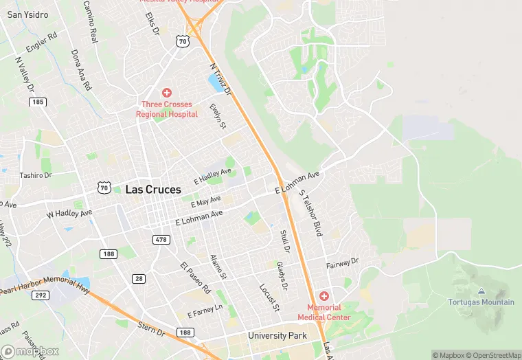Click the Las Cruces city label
pyautogui.click(x=153, y=189)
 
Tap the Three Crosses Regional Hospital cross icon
pyautogui.click(x=166, y=93)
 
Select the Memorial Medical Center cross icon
pyautogui.click(x=324, y=295)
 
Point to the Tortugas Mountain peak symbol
pyautogui.click(x=480, y=292)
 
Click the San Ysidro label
pyautogui.click(x=23, y=14)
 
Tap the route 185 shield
pyautogui.click(x=38, y=102)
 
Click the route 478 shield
pyautogui.click(x=161, y=239)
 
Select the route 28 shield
pyautogui.click(x=139, y=278)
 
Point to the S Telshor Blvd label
pyautogui.click(x=311, y=213)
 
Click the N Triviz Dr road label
pyautogui.click(x=220, y=79)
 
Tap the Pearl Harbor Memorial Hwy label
pyautogui.click(x=45, y=285)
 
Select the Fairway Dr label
pyautogui.click(x=342, y=262)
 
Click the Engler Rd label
pyautogui.click(x=41, y=43)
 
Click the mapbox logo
pyautogui.click(x=30, y=351)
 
